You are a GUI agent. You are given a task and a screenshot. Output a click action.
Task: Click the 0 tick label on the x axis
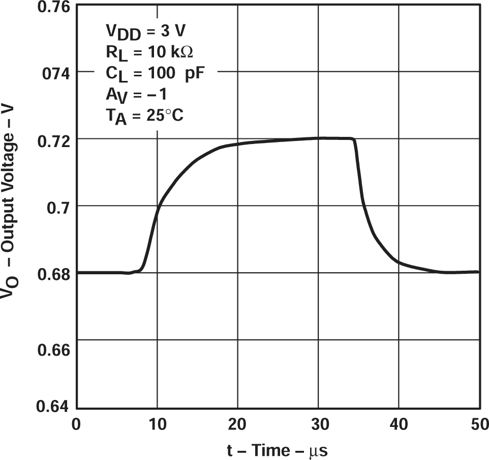pyautogui.click(x=76, y=423)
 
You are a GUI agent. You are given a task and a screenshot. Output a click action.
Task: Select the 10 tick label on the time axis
pyautogui.click(x=157, y=423)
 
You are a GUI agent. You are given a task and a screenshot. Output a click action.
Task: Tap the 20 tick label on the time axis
pyautogui.click(x=237, y=423)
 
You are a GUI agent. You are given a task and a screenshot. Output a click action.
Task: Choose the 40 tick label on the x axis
pyautogui.click(x=399, y=423)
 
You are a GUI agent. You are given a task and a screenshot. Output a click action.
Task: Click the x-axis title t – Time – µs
pyautogui.click(x=278, y=450)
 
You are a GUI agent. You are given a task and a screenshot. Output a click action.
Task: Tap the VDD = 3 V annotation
pyautogui.click(x=145, y=32)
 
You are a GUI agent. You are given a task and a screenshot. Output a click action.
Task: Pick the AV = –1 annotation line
pyautogui.click(x=136, y=95)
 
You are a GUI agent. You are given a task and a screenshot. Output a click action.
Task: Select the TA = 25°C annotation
pyautogui.click(x=144, y=116)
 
